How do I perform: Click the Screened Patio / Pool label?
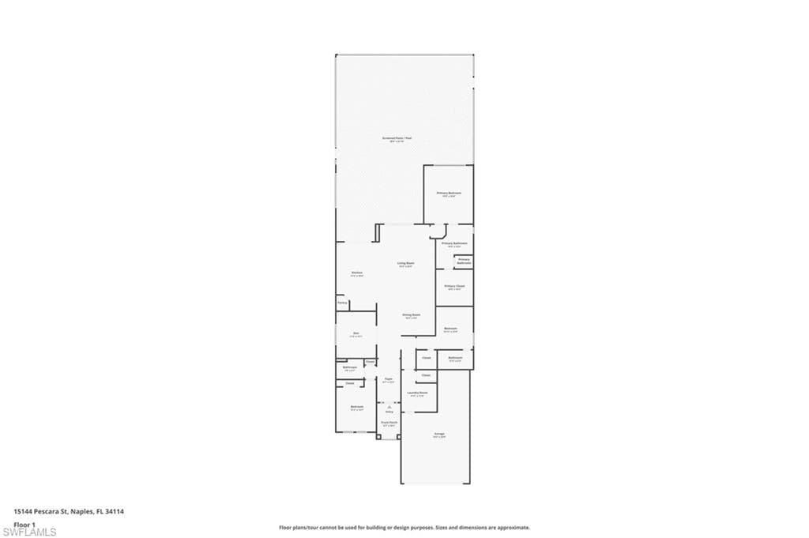tap(397, 139)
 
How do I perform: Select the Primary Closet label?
tap(454, 287)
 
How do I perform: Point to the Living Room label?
tap(405, 265)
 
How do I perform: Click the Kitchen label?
tap(357, 274)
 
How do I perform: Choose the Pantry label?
tap(342, 303)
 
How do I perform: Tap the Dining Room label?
tap(411, 315)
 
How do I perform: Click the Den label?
tap(356, 334)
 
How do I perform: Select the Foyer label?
tap(389, 380)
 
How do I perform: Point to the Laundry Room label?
tap(417, 393)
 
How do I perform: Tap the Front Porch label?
tap(389, 423)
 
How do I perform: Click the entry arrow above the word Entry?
tap(389, 406)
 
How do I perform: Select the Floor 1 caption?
tap(25, 524)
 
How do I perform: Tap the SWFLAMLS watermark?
tap(29, 532)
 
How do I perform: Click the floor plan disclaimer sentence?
tap(404, 528)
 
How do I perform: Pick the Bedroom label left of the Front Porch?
tap(356, 408)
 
